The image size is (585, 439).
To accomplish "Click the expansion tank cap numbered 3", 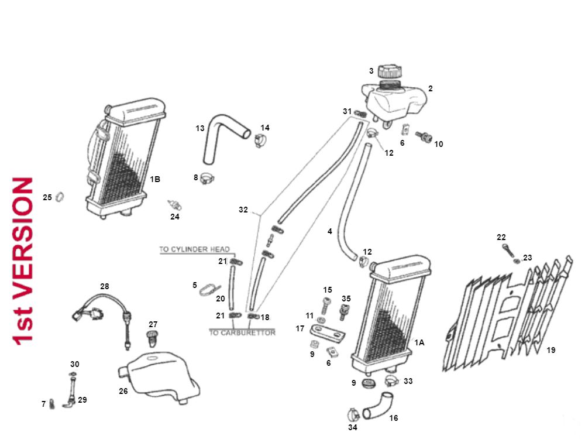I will pyautogui.click(x=389, y=73).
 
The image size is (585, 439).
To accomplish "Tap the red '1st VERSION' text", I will pyautogui.click(x=23, y=262).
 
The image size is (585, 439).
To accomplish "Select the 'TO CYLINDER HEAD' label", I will pyautogui.click(x=195, y=249).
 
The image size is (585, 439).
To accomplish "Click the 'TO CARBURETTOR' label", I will pyautogui.click(x=242, y=332).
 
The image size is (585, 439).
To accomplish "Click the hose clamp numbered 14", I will pyautogui.click(x=260, y=140).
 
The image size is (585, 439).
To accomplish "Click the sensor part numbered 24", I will pyautogui.click(x=175, y=204).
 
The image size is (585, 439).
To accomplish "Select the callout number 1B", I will pyautogui.click(x=154, y=179).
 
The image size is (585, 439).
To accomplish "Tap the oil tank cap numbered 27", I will pyautogui.click(x=153, y=338).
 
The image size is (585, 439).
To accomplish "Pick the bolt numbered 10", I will pyautogui.click(x=424, y=139).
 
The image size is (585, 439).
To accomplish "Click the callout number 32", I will pyautogui.click(x=243, y=209).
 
